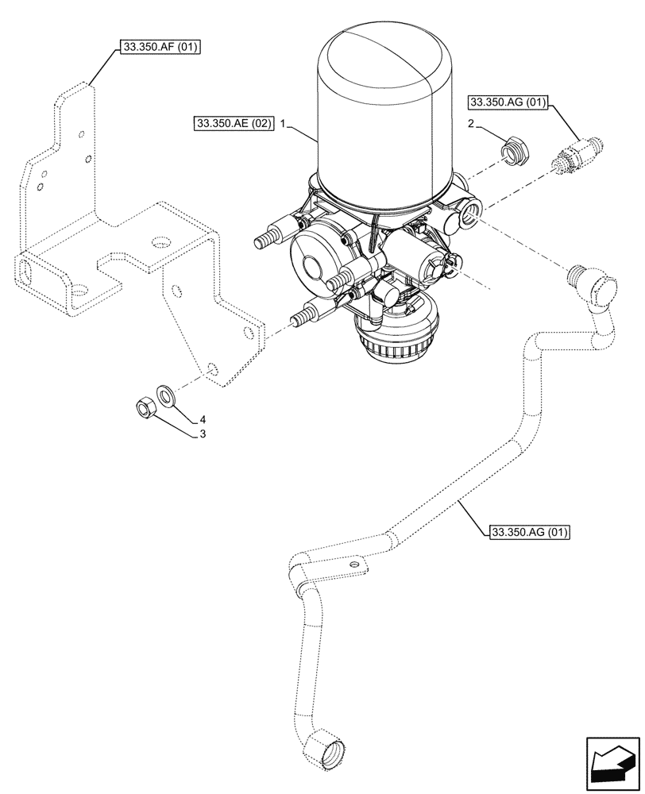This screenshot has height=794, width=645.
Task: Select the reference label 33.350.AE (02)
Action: tap(232, 124)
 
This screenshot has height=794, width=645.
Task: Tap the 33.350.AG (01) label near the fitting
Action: tap(508, 102)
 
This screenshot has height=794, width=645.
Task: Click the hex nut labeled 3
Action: tap(144, 409)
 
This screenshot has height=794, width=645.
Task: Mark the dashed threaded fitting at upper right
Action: tap(577, 155)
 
